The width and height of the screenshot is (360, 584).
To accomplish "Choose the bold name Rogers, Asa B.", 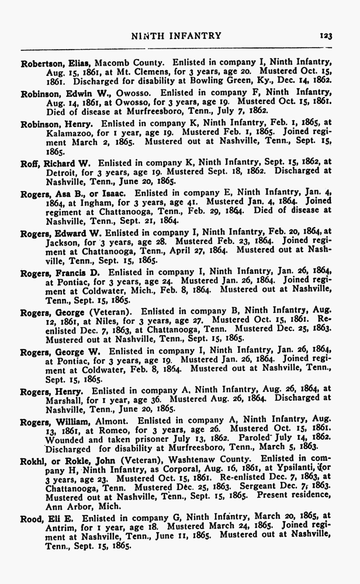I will coord(52,193).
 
